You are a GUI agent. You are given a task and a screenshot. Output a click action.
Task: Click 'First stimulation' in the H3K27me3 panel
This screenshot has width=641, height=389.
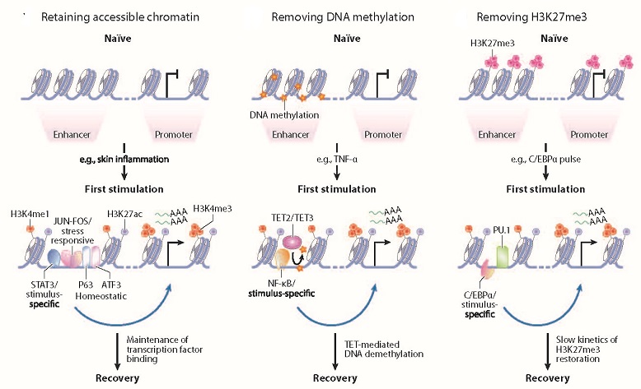pyautogui.click(x=539, y=189)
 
